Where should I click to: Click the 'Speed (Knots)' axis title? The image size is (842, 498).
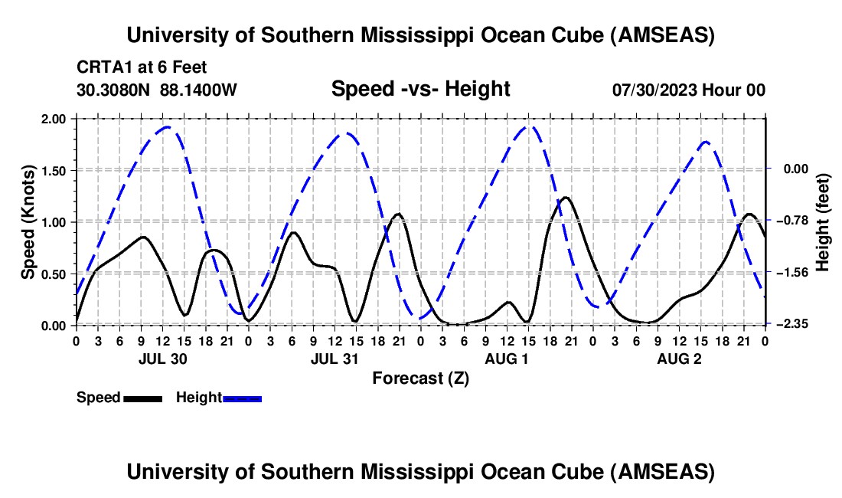pos(28,221)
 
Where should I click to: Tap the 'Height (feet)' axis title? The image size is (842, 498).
pos(824,221)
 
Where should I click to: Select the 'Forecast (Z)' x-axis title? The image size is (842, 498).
pos(420,378)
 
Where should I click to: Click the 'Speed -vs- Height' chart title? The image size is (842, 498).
pos(420,89)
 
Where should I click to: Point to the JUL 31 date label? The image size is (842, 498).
pos(334,359)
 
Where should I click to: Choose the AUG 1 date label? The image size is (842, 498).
pos(507,359)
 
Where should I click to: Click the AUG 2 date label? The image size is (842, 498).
pos(679,359)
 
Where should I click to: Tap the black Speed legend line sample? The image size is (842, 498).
pos(142,398)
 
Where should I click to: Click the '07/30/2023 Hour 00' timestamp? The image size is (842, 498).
pos(688,90)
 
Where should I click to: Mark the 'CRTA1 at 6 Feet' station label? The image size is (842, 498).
pos(142,67)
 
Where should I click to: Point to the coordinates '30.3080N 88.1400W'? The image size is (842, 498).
pos(157,90)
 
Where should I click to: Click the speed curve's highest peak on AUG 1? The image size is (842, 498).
pos(566,198)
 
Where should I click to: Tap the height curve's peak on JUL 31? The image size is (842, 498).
pos(346,133)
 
